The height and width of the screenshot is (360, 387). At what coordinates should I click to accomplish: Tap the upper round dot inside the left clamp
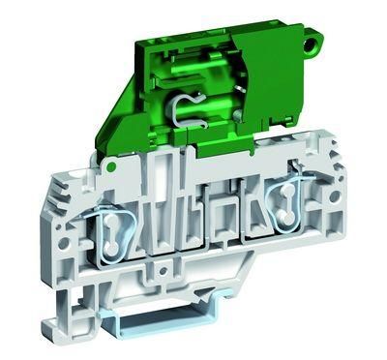[x=109, y=218]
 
